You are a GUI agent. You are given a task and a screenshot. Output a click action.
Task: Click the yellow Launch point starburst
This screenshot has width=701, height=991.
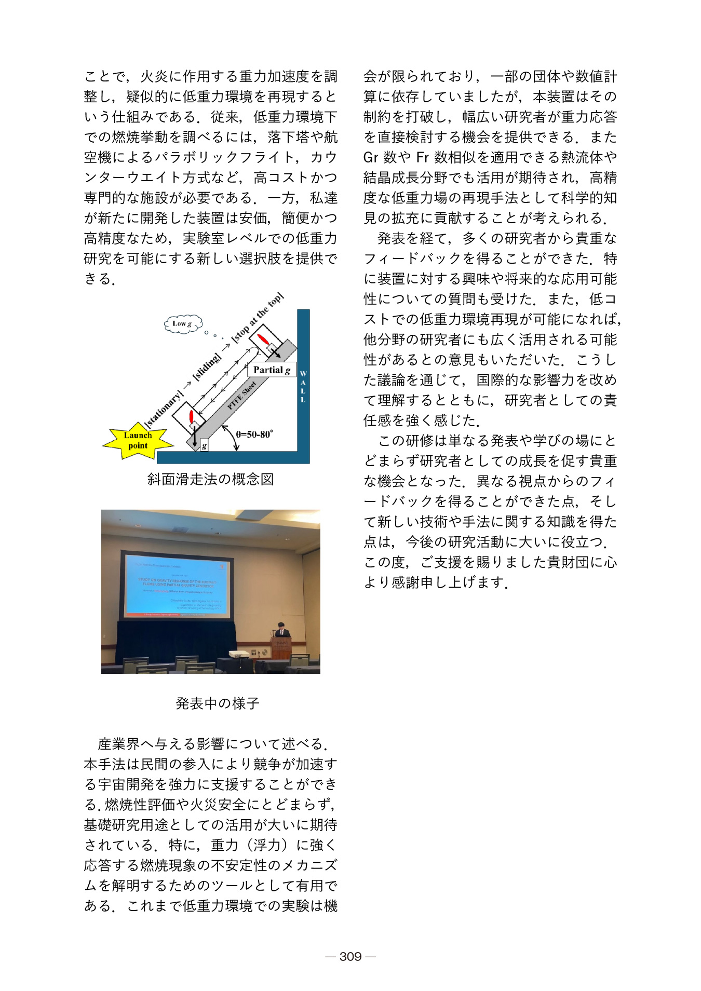click(138, 441)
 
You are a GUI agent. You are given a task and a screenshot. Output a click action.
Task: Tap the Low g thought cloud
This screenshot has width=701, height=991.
click(183, 324)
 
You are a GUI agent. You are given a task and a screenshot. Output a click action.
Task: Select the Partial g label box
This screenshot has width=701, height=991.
click(272, 370)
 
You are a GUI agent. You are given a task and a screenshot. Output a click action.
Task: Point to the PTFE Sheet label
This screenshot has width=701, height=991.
click(242, 396)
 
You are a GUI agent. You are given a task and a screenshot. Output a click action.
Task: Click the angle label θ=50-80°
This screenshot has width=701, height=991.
click(254, 435)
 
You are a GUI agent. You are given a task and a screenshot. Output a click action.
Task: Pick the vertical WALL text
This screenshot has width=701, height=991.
click(303, 387)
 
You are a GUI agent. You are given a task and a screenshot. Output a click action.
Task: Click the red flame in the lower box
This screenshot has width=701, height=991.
click(191, 416)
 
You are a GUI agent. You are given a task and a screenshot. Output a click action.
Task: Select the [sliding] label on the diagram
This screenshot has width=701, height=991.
click(207, 367)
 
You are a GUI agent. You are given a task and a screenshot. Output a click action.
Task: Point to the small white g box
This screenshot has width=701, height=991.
click(204, 445)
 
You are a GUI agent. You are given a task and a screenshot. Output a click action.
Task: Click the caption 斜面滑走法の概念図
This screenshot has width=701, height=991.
click(210, 479)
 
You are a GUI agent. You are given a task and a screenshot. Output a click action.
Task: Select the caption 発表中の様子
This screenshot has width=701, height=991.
click(217, 703)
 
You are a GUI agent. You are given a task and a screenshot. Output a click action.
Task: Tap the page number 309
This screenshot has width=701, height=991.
click(351, 956)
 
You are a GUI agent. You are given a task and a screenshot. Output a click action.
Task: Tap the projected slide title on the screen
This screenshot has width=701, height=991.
click(177, 582)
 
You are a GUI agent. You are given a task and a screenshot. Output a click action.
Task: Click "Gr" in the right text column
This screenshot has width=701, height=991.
click(371, 157)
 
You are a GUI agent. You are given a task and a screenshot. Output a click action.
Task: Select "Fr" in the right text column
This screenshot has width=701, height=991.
click(423, 157)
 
